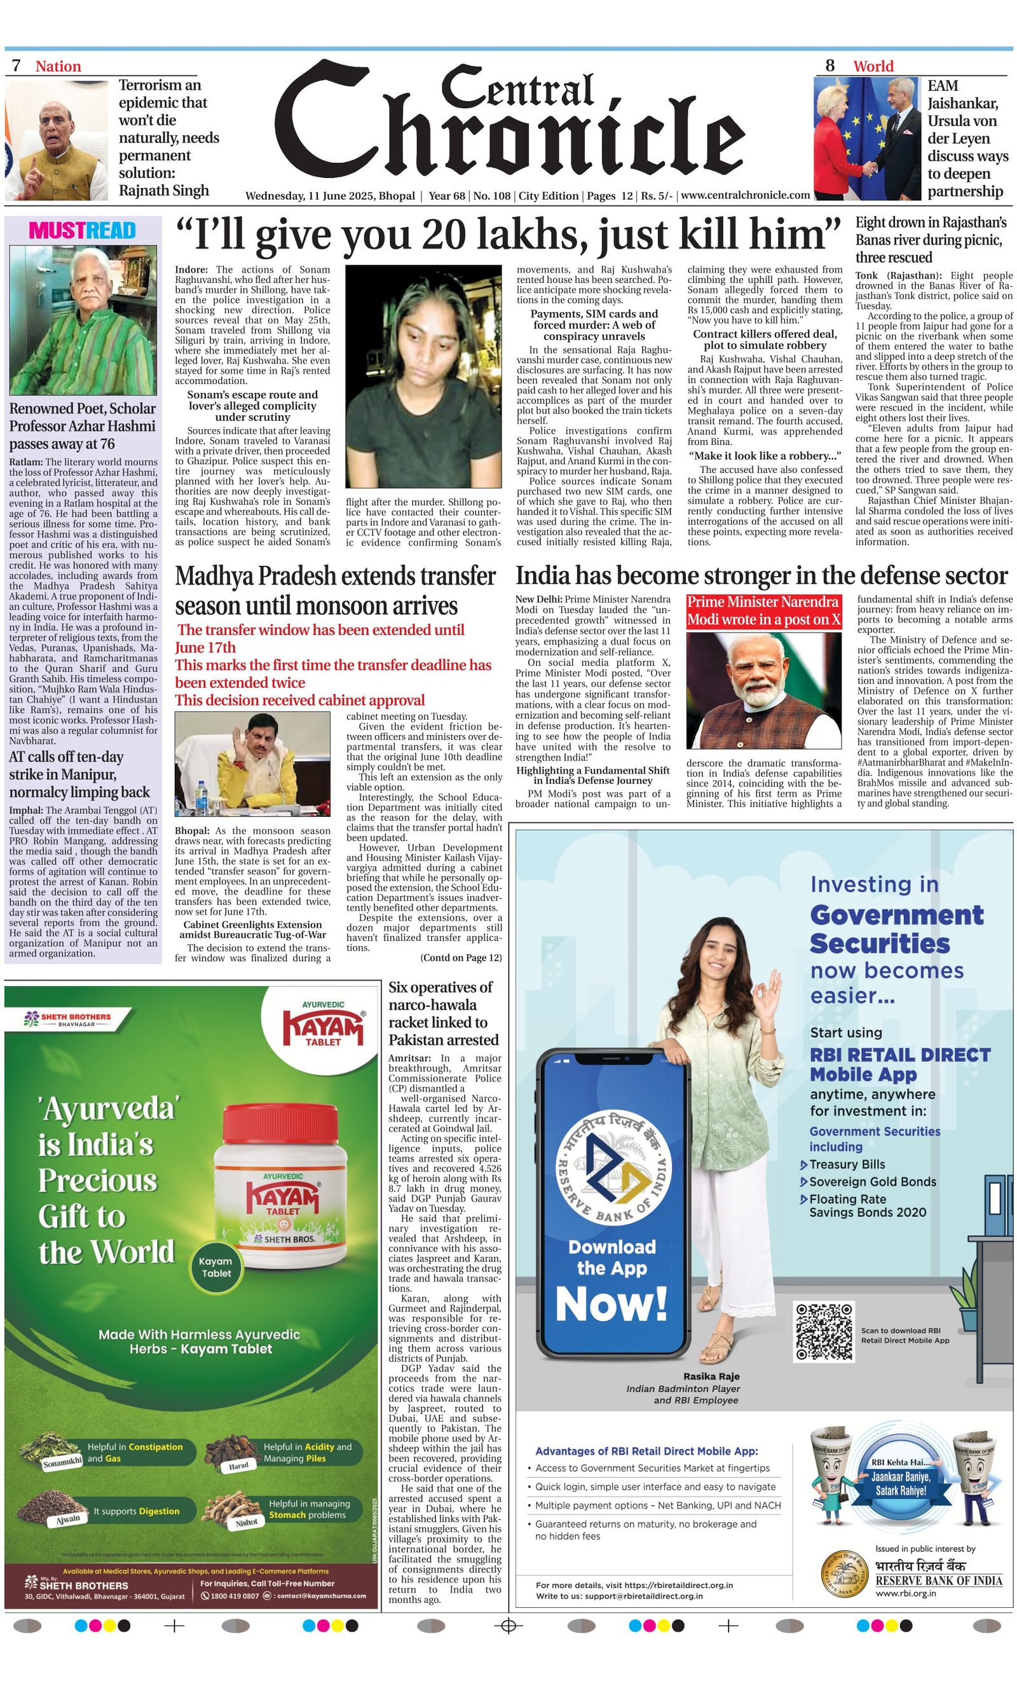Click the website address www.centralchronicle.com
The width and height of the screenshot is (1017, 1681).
745,195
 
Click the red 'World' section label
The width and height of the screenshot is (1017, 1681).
873,66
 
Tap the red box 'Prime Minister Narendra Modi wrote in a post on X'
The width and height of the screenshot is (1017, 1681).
763,610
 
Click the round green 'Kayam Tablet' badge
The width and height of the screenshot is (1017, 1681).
216,1267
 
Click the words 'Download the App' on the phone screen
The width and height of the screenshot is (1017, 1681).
611,1258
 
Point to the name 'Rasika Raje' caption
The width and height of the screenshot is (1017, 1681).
711,1376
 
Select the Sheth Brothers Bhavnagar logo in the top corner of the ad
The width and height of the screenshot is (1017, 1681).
67,1019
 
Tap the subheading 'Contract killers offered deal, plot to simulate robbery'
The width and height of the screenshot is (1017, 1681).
764,339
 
